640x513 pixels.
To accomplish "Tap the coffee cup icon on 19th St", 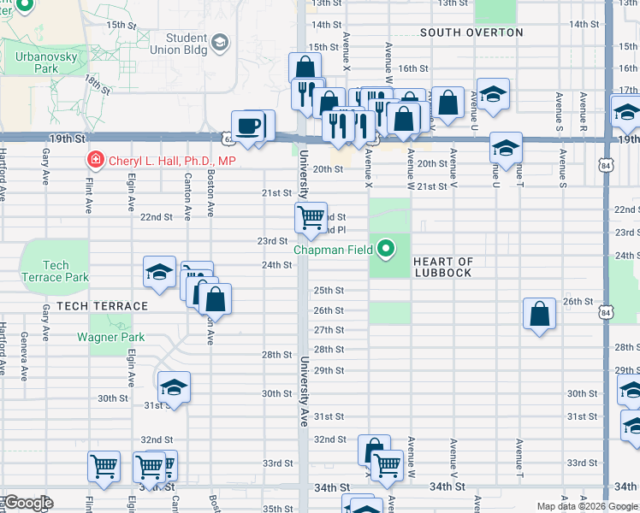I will pyautogui.click(x=248, y=126).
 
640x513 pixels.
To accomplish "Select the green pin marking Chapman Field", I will pyautogui.click(x=386, y=250).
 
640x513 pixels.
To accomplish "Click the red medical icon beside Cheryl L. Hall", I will pyautogui.click(x=94, y=160).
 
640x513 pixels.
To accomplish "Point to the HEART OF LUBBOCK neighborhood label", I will pyautogui.click(x=442, y=267).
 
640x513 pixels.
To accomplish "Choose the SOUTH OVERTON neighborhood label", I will pyautogui.click(x=471, y=32).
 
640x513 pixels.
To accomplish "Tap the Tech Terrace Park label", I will pyautogui.click(x=55, y=271).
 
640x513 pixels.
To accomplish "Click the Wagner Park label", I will pyautogui.click(x=110, y=337).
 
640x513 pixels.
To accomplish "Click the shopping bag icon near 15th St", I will pyautogui.click(x=305, y=68).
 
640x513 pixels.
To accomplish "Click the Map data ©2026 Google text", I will pyautogui.click(x=586, y=506).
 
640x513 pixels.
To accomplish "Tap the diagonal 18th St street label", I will pyautogui.click(x=97, y=85).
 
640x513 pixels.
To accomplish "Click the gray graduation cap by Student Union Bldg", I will pyautogui.click(x=220, y=43).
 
